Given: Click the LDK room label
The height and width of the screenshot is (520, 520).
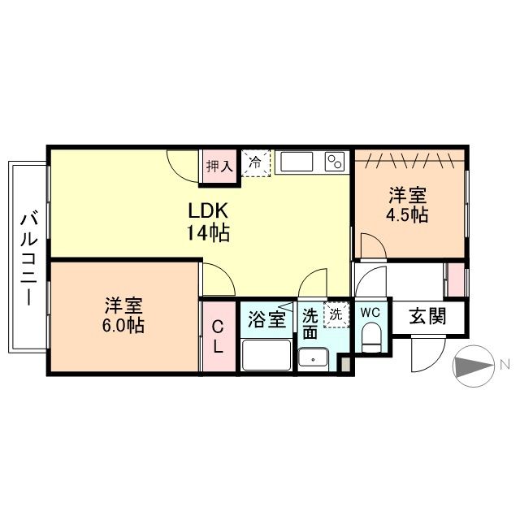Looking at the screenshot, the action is point(208,210).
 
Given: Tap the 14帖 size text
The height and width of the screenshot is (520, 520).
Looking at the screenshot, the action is point(208,232).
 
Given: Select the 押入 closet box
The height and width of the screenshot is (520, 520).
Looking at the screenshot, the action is point(219,167).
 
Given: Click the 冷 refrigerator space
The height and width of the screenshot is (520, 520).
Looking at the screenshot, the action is point(256,163).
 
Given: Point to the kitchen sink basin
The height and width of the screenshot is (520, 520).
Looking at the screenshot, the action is point(297,162).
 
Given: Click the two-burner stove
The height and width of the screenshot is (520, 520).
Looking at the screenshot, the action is point(335,162).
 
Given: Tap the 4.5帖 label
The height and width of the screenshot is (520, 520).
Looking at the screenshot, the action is point(407,215).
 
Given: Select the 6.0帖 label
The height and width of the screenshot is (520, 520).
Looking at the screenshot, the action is point(123,325).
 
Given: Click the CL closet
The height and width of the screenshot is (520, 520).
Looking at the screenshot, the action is point(219,336).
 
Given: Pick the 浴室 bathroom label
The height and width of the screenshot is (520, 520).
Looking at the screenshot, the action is point(267,319).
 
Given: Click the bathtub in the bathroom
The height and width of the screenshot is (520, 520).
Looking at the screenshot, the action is point(266,355).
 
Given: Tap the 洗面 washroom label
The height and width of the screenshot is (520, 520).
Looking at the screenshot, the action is point(310,324).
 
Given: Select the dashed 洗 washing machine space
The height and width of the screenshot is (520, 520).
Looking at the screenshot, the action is point(336,314).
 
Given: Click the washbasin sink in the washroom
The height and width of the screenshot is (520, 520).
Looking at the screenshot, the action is point(313,359).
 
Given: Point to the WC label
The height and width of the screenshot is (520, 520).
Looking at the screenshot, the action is point(370,312).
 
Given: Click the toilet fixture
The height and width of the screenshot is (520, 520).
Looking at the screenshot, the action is point(372,338).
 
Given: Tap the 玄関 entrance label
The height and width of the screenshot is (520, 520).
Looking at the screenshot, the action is point(428,316).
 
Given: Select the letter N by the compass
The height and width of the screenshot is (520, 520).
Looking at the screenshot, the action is point(505,365).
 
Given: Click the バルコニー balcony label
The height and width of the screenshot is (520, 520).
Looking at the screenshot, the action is point(29,259).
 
